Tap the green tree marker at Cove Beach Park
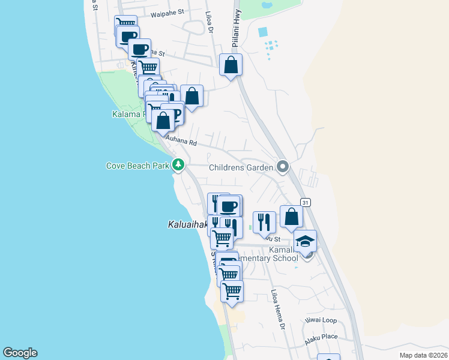(x=178, y=164)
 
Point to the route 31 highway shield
(x=306, y=202)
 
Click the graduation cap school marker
(x=306, y=241)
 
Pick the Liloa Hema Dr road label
(x=277, y=309)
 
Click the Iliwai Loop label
(x=321, y=320)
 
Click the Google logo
(x=20, y=353)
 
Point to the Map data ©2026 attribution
(x=423, y=355)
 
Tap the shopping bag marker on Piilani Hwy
(x=231, y=65)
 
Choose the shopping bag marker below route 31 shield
(x=291, y=217)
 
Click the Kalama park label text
(x=126, y=114)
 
